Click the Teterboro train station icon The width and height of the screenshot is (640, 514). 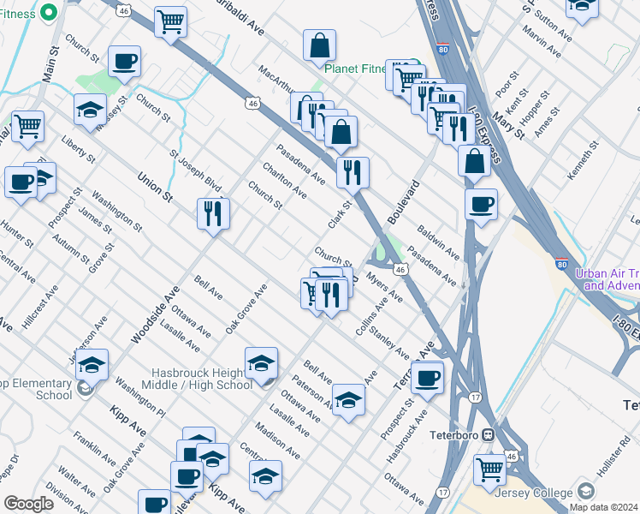[488, 434]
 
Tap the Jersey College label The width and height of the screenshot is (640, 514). [537, 493]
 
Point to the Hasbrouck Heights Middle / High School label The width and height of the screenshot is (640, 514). [202, 379]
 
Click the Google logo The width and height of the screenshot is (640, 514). [29, 504]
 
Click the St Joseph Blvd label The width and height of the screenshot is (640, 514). [195, 173]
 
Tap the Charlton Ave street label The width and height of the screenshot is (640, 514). [284, 180]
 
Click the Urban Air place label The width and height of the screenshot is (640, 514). [607, 279]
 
